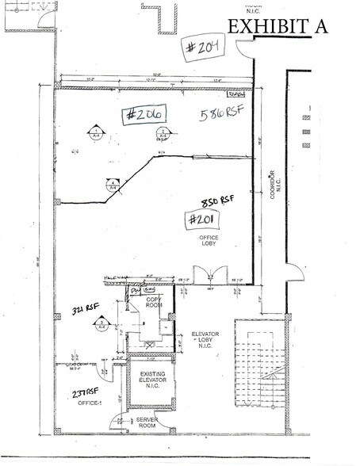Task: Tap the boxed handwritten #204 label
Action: click(x=204, y=45)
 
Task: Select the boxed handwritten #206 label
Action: click(x=144, y=115)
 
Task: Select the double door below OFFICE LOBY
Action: click(x=206, y=277)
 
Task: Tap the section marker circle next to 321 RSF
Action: click(x=101, y=323)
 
